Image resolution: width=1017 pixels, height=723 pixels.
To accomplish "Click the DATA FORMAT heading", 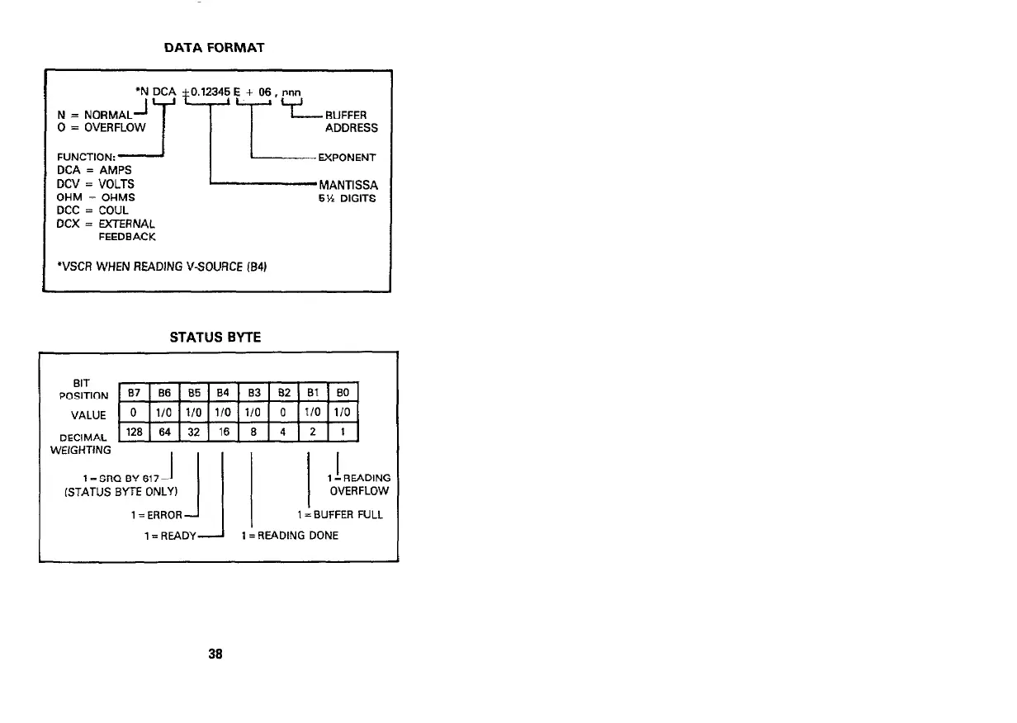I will pos(214,48).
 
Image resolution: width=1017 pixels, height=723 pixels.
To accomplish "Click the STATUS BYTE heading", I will pos(215,337).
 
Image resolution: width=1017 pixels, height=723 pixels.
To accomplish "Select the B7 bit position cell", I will pos(134,392).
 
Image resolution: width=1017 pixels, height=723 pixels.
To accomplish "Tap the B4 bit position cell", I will pos(223,392).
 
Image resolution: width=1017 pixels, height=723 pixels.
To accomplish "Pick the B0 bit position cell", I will pos(343,392).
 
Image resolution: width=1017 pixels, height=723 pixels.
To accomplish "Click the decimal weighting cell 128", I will pos(134,431).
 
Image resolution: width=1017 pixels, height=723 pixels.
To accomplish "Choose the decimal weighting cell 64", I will pos(163,431).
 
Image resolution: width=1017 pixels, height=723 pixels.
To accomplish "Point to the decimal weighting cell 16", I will pos(223,431).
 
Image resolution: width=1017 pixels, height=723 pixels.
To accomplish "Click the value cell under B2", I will pos(282,411).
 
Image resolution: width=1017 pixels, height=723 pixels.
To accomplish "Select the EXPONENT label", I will pos(349,157).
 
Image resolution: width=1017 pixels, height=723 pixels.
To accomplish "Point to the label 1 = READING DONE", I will pos(290,535).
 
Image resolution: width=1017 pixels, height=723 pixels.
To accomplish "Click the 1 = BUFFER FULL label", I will pos(340,515).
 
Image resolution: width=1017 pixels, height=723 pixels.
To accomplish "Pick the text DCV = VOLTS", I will pos(95,183).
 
